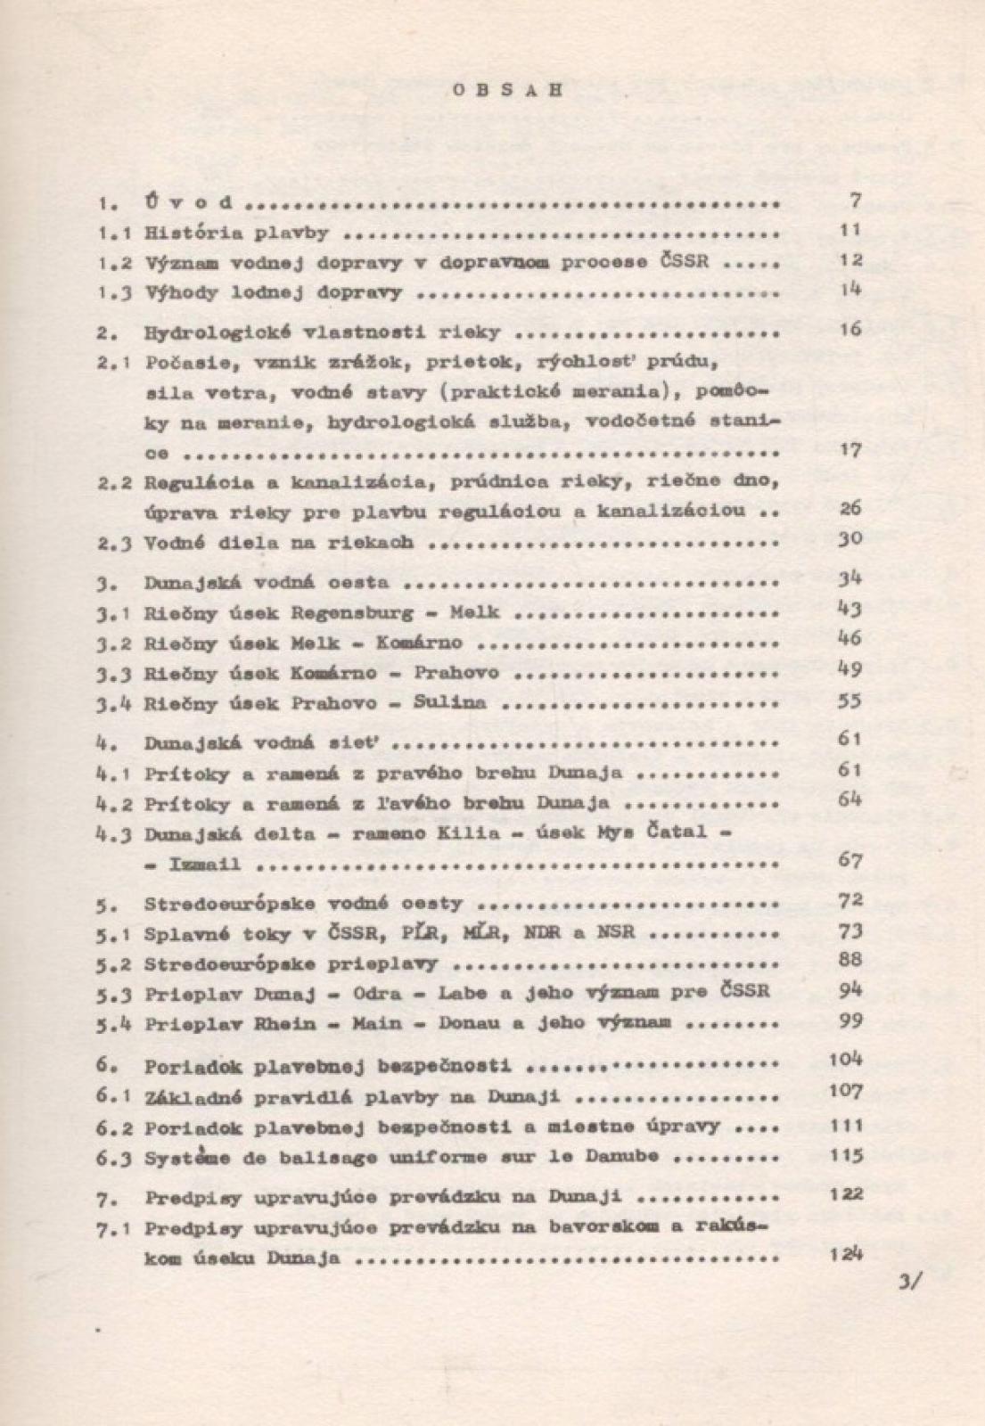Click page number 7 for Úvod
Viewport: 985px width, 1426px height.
click(855, 201)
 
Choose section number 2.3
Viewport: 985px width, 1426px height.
click(115, 541)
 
